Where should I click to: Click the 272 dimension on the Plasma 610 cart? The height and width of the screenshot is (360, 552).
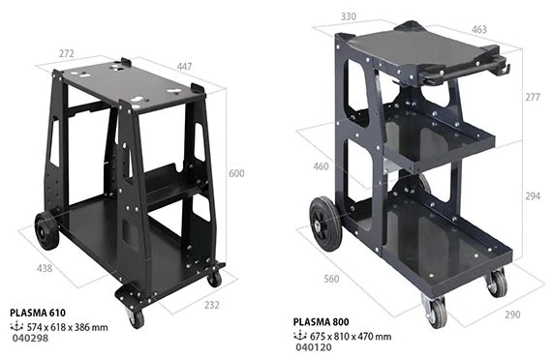67,53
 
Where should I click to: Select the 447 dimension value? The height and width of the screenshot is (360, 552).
184,67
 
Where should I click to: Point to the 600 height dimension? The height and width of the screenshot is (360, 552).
236,173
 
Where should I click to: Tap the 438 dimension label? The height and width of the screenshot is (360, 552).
45,268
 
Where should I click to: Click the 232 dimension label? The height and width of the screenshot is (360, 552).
212,305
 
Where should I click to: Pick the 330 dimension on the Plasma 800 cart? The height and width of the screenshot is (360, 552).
349,16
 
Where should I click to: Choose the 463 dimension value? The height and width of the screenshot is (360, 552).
479,30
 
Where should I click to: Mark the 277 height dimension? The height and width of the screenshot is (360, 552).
533,97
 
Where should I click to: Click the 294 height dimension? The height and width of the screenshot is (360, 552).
533,196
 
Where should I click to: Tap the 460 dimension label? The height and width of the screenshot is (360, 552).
322,166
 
